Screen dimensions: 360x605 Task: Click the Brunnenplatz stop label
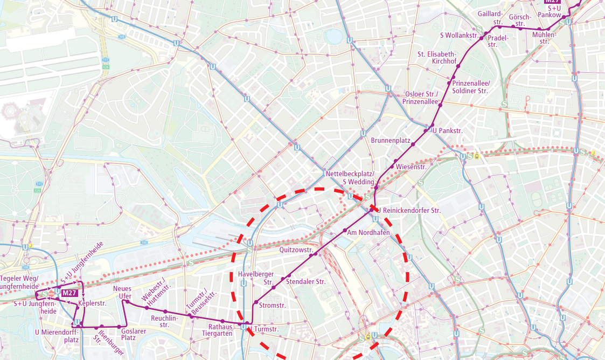[391, 141]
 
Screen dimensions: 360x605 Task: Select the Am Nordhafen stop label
[368, 233]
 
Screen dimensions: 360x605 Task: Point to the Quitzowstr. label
[296, 251]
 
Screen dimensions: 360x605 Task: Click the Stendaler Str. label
[306, 282]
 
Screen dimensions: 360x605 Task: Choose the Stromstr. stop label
[272, 306]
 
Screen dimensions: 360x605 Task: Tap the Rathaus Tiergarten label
[221, 330]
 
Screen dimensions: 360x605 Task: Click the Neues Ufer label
[122, 293]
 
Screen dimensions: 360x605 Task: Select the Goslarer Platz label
[133, 335]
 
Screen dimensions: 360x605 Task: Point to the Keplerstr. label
[93, 303]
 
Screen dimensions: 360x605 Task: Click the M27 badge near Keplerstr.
[69, 293]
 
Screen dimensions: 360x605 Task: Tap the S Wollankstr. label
[460, 36]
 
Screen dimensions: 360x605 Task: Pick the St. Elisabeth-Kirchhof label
[437, 58]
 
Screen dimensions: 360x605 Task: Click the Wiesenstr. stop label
[411, 167]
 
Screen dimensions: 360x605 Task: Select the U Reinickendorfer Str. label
[409, 210]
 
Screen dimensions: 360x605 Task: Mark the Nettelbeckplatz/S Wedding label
[350, 178]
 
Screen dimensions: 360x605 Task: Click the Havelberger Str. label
[256, 278]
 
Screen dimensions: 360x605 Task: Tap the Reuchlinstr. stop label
[164, 322]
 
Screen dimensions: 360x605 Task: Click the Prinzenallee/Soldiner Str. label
[470, 87]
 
